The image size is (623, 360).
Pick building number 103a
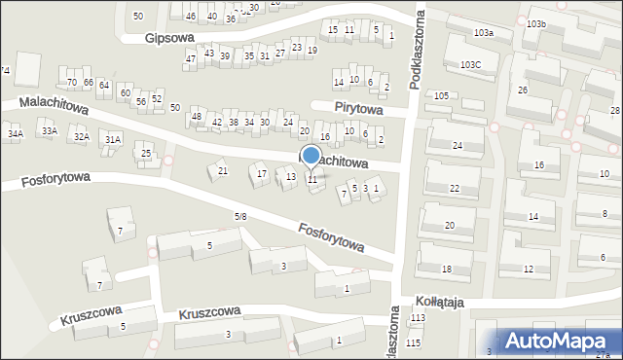click(x=484, y=33)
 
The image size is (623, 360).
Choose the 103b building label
click(x=535, y=22)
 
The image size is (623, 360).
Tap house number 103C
click(x=471, y=64)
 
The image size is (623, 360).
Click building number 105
click(x=441, y=95)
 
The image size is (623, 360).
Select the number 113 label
click(x=418, y=318)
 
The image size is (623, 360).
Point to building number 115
click(x=414, y=343)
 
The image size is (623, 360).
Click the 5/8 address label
click(x=240, y=215)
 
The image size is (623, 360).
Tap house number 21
click(x=223, y=171)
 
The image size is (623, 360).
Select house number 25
click(x=146, y=154)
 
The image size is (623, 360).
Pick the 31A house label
click(x=113, y=140)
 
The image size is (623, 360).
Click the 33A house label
click(x=49, y=130)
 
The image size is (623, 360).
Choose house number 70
click(x=71, y=82)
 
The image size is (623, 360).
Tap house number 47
click(x=191, y=59)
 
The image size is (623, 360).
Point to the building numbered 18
click(x=447, y=269)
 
